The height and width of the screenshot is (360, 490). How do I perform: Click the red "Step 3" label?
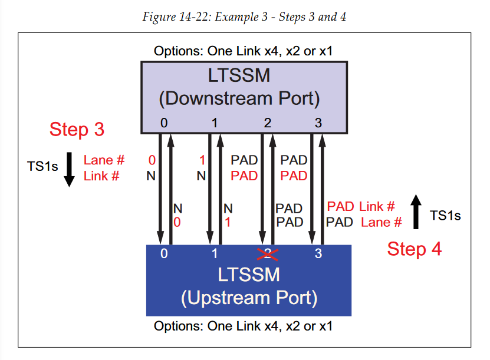pyautogui.click(x=77, y=130)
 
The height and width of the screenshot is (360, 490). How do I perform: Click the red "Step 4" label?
pyautogui.click(x=414, y=249)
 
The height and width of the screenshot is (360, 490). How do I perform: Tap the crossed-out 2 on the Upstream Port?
pyautogui.click(x=268, y=254)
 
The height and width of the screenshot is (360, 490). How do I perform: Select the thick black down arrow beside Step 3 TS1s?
pyautogui.click(x=69, y=169)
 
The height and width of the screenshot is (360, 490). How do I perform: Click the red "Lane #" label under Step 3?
pyautogui.click(x=104, y=160)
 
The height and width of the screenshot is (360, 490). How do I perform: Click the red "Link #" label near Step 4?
pyautogui.click(x=376, y=206)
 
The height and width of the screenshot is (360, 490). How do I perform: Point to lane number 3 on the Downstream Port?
pyautogui.click(x=318, y=123)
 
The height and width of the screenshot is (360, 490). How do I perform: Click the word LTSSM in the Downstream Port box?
pyautogui.click(x=244, y=77)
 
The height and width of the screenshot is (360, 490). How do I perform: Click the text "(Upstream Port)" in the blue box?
pyautogui.click(x=249, y=298)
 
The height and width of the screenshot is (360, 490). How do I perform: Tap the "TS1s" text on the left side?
pyautogui.click(x=43, y=167)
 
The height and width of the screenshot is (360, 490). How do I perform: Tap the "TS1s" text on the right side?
pyautogui.click(x=445, y=216)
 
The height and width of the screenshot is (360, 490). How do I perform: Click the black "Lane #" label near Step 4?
pyautogui.click(x=381, y=222)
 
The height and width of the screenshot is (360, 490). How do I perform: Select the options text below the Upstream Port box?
pyautogui.click(x=243, y=326)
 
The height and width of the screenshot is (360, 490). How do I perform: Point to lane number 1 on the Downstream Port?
pyautogui.click(x=215, y=123)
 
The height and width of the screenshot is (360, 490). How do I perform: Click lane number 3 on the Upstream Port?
pyautogui.click(x=318, y=255)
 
